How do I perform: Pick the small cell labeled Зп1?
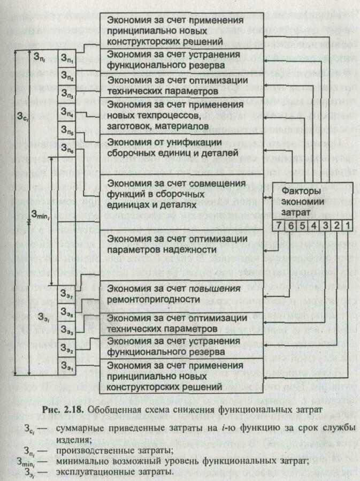point(67,56)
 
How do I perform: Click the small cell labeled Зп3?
point(67,94)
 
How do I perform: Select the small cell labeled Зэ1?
point(67,368)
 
